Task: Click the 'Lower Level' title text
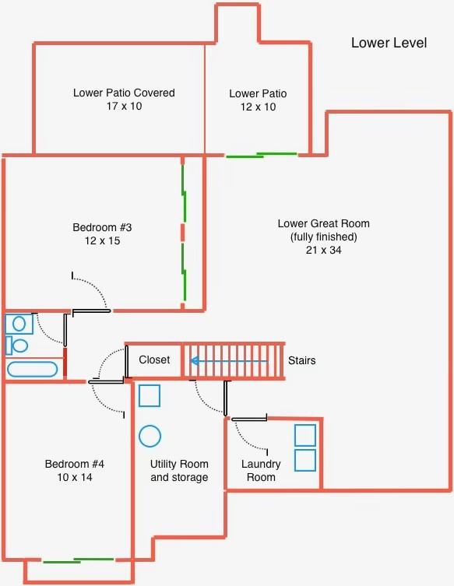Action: [389, 43]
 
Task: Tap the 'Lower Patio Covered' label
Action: [124, 93]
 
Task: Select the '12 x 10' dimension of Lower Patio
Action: [258, 107]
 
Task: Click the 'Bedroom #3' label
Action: [102, 227]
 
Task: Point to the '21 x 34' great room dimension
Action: [323, 250]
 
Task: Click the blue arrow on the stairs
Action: [229, 361]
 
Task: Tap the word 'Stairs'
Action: [302, 360]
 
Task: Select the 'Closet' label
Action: [154, 360]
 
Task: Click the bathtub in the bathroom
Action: [32, 369]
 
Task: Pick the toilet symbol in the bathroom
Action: [17, 346]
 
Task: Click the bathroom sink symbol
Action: [19, 324]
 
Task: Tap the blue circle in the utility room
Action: [150, 436]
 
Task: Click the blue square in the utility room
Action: [150, 395]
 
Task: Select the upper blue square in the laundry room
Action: [305, 435]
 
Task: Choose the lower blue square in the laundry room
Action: [305, 460]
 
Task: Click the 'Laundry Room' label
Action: [261, 471]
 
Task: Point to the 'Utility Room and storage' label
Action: [179, 471]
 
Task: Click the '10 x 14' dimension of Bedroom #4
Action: [75, 477]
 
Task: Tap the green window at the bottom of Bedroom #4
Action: [79, 560]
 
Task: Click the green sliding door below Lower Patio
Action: [262, 155]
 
